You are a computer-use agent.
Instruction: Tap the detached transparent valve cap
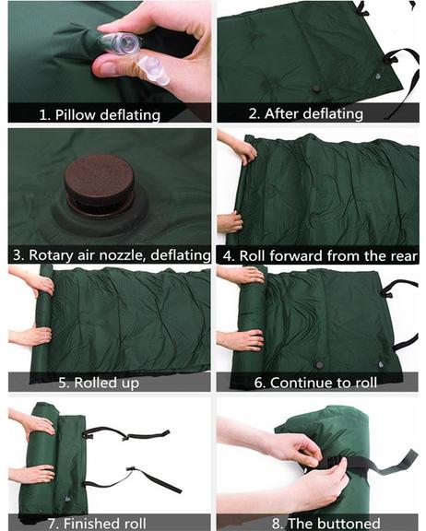[153, 70]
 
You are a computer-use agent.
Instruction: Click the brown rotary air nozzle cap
[99, 179]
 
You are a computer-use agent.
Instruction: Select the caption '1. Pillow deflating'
[100, 115]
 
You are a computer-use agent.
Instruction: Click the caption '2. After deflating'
[306, 113]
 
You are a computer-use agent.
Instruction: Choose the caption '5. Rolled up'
[99, 383]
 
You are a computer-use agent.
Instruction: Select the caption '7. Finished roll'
[97, 524]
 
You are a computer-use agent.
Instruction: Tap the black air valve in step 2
[317, 89]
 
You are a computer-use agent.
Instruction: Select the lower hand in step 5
[30, 336]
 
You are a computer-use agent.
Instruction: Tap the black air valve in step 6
[319, 365]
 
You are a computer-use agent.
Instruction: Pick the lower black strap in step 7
[136, 478]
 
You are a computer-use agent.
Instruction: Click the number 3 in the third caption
[17, 255]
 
